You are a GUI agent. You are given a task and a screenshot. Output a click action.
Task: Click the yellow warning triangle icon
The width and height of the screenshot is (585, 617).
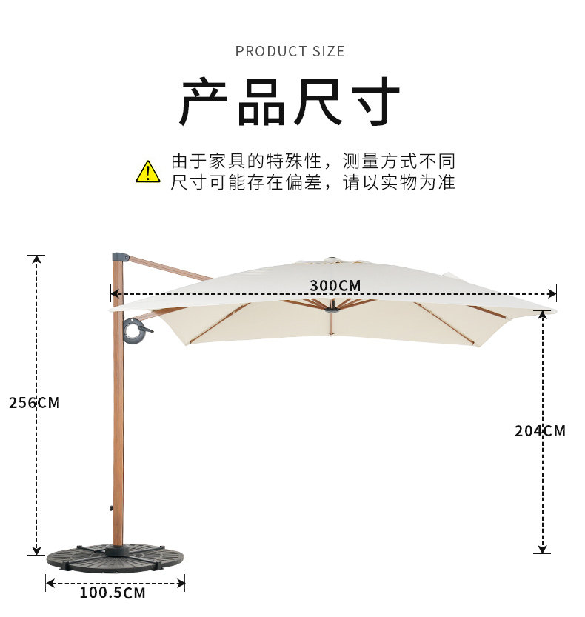[148, 171]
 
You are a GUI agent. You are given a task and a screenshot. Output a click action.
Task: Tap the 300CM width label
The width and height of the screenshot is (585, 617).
[335, 286]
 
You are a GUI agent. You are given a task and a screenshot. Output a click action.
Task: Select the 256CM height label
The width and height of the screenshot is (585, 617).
[34, 403]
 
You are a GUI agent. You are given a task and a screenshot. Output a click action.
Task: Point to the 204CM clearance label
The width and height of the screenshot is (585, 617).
[540, 430]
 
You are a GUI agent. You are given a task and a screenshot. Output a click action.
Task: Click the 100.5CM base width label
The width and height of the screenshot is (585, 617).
[113, 593]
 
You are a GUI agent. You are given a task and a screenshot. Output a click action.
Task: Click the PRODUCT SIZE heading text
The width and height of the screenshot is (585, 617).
[290, 51]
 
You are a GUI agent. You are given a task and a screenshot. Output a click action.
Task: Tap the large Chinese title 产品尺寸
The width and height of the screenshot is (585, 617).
[290, 102]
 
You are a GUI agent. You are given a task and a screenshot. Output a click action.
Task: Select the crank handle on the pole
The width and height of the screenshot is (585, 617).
[136, 330]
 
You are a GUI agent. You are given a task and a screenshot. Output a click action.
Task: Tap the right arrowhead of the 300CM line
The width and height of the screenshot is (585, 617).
[552, 293]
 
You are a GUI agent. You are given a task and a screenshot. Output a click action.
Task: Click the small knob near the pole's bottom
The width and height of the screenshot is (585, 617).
[111, 509]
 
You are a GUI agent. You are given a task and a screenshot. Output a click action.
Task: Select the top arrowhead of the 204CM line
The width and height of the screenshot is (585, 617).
[543, 313]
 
